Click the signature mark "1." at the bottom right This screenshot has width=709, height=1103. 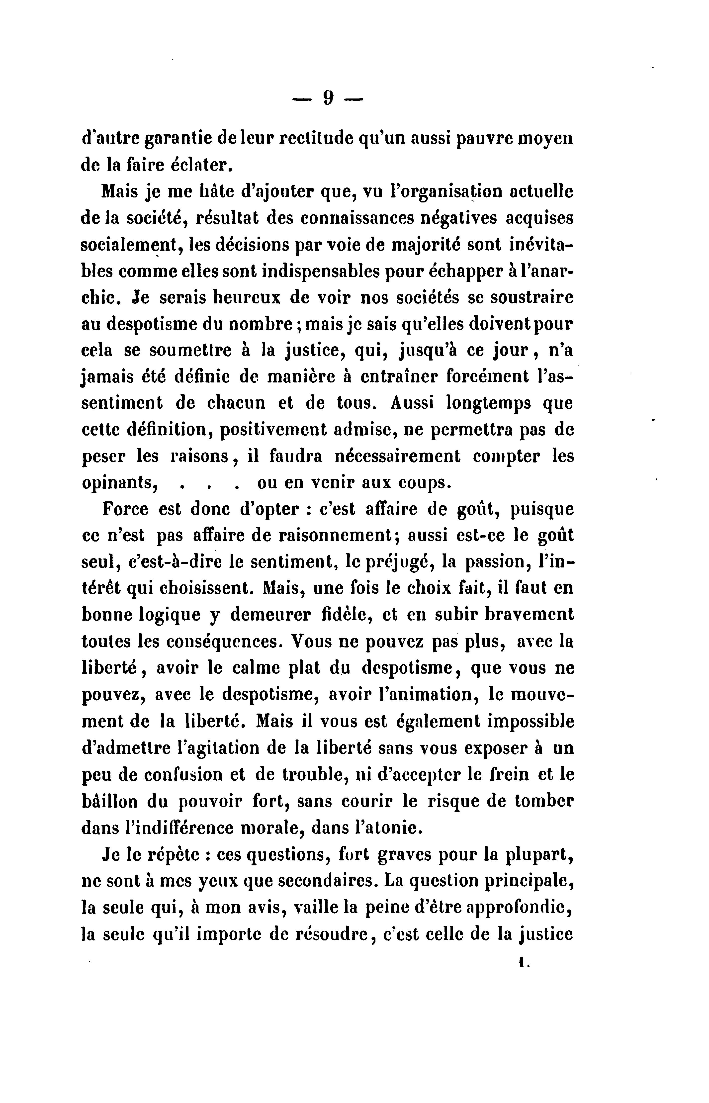524,961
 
